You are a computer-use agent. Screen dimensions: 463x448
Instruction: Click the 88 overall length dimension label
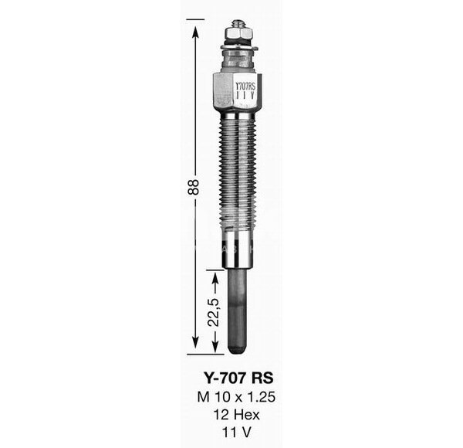(x=194, y=187)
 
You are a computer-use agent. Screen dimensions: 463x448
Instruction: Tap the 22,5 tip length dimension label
(x=214, y=312)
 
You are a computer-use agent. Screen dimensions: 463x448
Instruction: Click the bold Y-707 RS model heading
(x=238, y=378)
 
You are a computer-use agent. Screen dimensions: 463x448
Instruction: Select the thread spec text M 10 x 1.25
(x=236, y=397)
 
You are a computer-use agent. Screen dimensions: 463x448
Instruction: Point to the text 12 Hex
(x=237, y=415)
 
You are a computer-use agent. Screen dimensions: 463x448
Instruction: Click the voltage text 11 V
(x=237, y=433)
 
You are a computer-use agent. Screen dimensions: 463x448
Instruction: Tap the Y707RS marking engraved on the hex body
(x=245, y=87)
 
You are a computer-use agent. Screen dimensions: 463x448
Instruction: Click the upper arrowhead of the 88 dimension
(x=195, y=32)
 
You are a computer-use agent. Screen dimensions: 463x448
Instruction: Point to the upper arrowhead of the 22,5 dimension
(x=215, y=278)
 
